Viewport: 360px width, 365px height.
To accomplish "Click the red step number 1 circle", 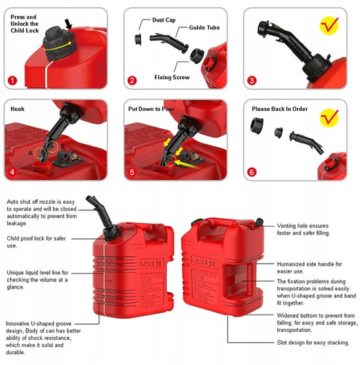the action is (12, 81).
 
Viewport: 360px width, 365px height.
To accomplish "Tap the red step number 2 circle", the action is (132, 81).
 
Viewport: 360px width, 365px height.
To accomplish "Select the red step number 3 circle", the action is (251, 81).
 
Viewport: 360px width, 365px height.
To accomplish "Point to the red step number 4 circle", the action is (12, 172).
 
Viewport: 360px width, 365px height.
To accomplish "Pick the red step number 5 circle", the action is (132, 172).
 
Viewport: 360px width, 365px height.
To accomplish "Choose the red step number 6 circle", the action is (251, 172).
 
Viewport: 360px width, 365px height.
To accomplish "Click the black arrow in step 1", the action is (68, 24).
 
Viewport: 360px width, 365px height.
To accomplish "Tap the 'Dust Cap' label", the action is (163, 20).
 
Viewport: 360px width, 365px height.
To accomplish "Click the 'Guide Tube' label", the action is (204, 27).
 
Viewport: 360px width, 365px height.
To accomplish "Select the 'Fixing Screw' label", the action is (172, 77).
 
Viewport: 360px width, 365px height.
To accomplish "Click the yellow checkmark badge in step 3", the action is (329, 25).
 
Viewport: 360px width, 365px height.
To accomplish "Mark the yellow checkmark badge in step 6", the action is (329, 117).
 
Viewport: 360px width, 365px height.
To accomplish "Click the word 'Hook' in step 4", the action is (17, 109).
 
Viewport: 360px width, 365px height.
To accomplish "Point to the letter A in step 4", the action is (30, 153).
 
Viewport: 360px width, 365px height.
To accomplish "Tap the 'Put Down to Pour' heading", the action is (151, 109).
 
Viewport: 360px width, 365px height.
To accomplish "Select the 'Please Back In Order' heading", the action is (279, 109).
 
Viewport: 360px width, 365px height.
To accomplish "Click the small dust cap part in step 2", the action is (138, 40).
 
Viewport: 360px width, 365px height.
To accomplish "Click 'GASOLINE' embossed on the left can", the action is (152, 263).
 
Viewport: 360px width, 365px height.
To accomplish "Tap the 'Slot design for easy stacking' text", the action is (313, 343).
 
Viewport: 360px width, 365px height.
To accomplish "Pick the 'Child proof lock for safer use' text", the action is (36, 242).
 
